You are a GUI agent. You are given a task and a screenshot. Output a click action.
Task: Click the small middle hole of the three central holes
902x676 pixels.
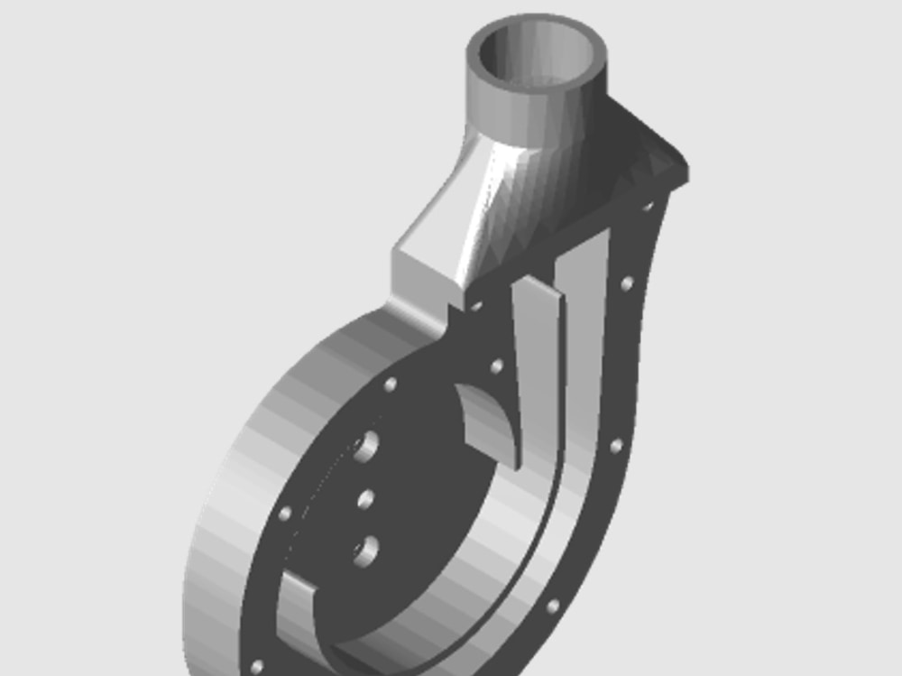(x=365, y=498)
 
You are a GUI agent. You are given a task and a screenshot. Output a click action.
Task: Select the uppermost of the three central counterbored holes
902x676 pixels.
(x=366, y=446)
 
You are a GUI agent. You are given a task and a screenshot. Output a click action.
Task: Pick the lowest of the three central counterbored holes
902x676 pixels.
(x=366, y=549)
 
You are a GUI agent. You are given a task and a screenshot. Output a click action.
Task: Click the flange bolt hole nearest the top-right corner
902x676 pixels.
(x=647, y=207)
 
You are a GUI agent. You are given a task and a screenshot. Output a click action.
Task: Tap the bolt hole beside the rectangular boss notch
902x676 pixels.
(x=475, y=307)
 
